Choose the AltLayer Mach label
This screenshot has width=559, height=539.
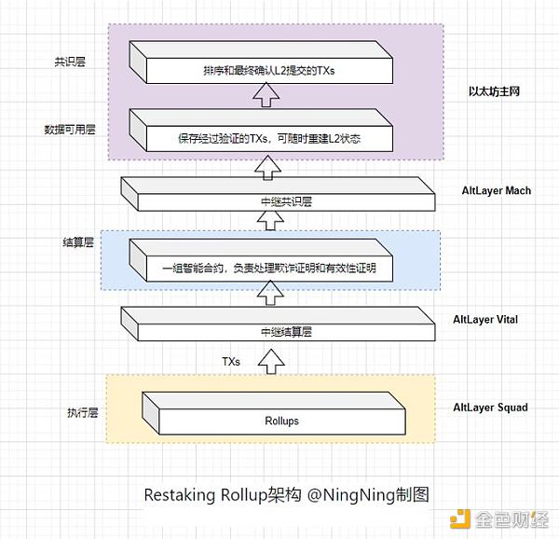click(496, 191)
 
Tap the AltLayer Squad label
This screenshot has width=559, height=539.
click(490, 408)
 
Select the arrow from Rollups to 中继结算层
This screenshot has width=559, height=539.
click(270, 360)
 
